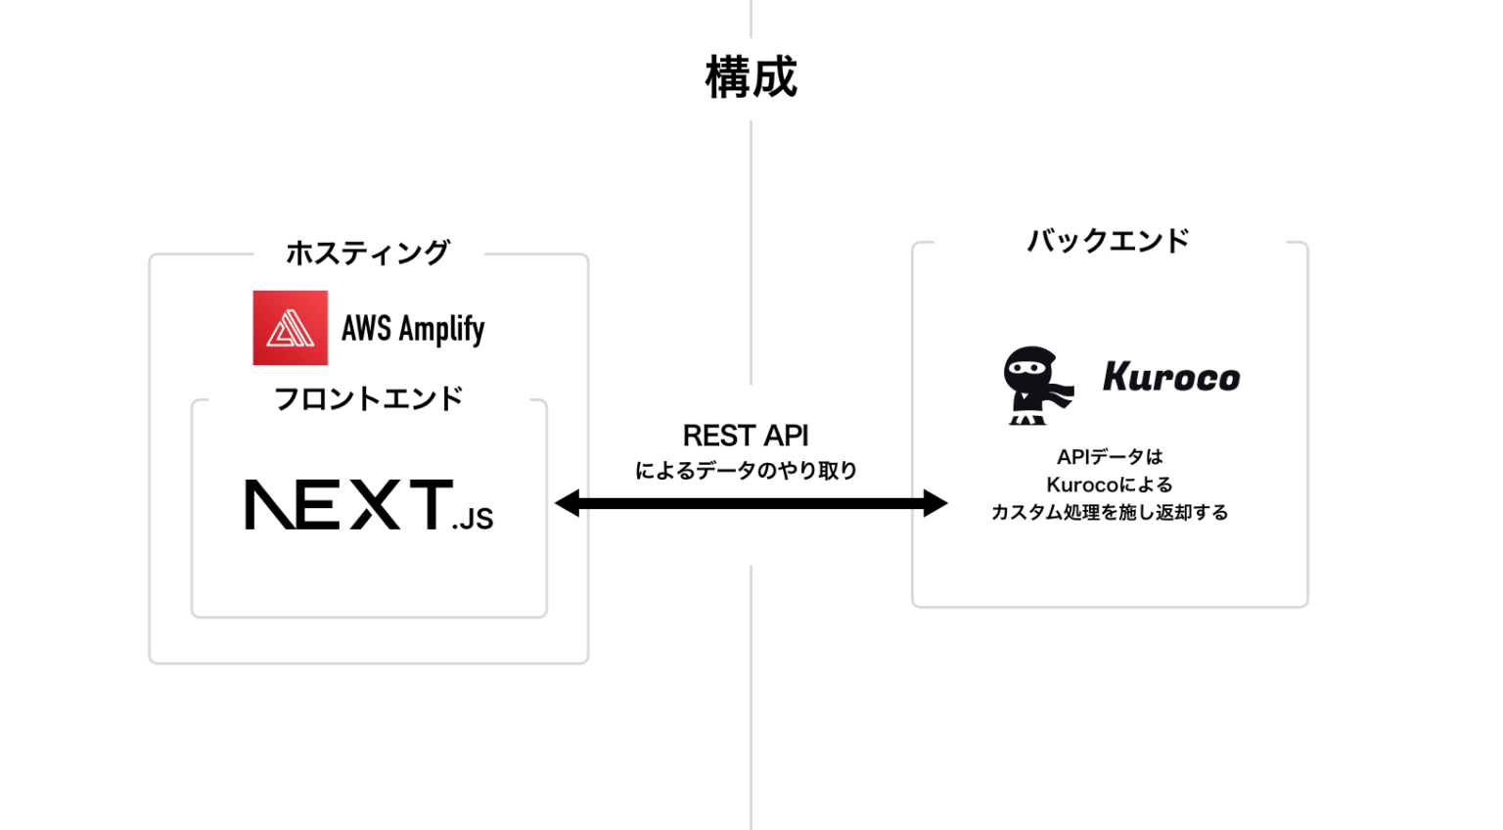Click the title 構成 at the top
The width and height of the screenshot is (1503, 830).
(751, 77)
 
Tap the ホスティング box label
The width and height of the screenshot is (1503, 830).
(368, 253)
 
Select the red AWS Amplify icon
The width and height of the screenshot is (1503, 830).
(291, 328)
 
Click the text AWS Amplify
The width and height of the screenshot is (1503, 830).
(413, 329)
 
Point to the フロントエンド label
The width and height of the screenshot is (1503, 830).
(368, 398)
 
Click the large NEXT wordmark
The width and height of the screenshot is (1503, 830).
(347, 505)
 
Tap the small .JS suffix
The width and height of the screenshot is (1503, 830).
(473, 518)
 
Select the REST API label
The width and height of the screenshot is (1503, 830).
(746, 436)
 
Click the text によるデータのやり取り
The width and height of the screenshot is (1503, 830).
(746, 471)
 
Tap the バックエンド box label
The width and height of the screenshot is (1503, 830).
(1108, 241)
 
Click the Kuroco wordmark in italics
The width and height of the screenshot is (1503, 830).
(1171, 377)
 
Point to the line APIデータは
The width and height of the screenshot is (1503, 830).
(1110, 457)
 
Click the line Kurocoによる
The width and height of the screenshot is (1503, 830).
(1110, 484)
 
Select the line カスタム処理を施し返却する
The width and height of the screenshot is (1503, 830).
(1110, 512)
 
